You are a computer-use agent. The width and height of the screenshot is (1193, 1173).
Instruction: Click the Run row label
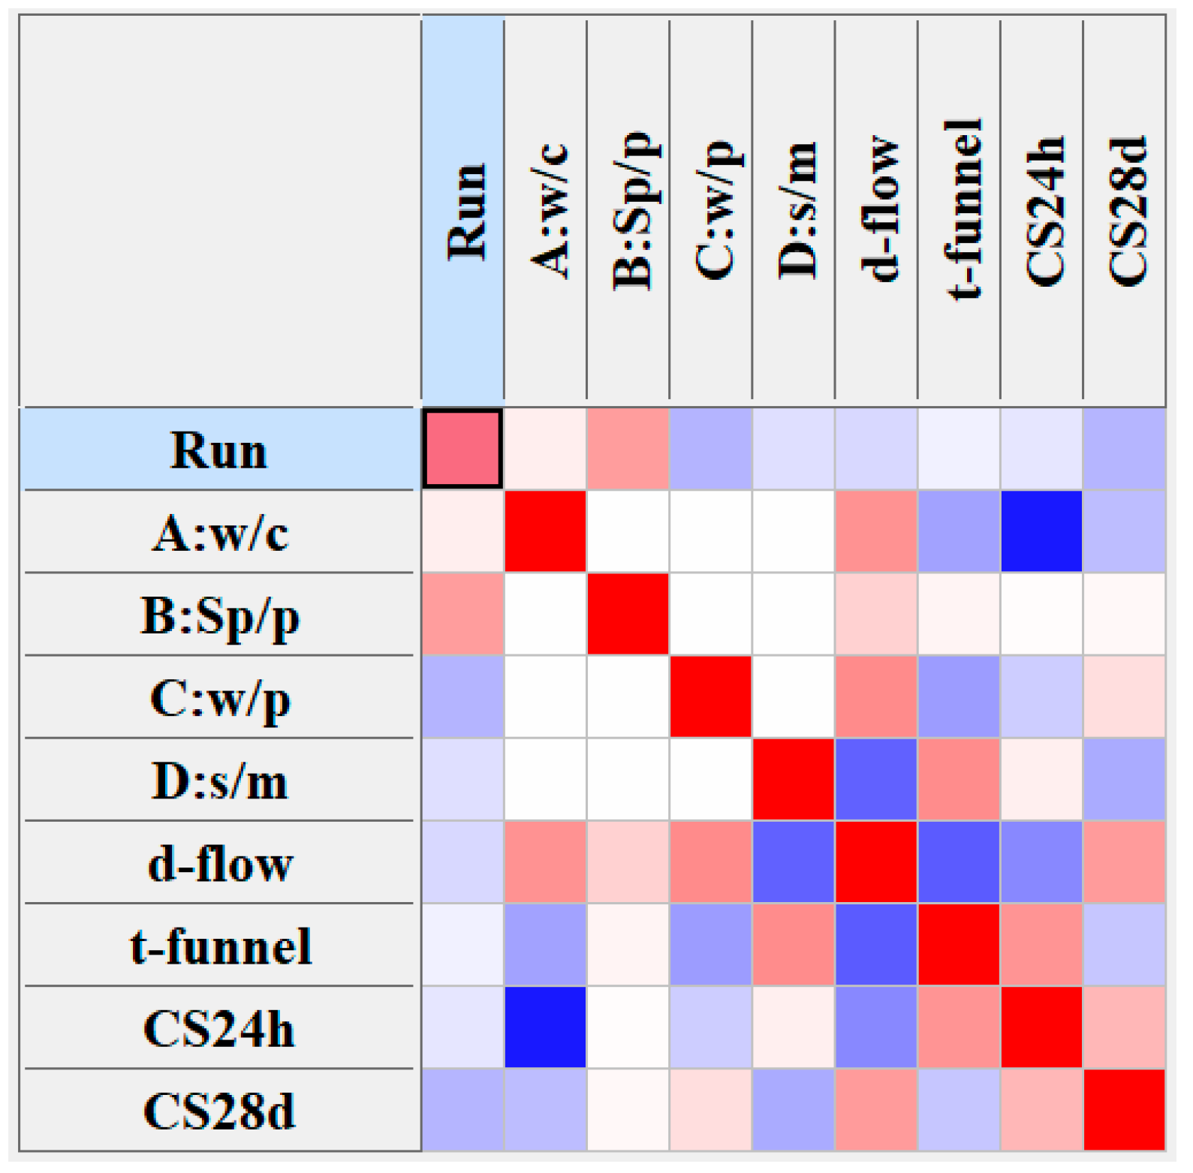tap(219, 450)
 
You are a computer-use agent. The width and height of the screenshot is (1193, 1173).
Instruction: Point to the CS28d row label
tap(219, 1111)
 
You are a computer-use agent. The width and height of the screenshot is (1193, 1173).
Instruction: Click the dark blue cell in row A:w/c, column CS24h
tap(1042, 532)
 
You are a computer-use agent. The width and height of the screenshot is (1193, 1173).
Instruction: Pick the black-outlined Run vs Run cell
tap(462, 449)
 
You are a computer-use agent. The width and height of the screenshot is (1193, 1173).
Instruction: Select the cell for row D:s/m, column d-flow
tap(876, 780)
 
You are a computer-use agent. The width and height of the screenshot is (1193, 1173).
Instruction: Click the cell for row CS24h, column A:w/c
tap(546, 1027)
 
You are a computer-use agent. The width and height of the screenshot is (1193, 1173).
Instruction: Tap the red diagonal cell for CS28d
tap(1124, 1110)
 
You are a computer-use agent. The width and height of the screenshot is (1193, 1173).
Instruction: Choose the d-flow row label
tap(219, 864)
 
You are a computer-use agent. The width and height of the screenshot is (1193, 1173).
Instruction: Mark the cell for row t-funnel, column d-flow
tap(876, 945)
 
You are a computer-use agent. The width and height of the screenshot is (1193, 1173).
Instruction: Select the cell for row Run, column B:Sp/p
tap(628, 449)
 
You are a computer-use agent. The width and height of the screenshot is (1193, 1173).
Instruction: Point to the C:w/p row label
tap(219, 699)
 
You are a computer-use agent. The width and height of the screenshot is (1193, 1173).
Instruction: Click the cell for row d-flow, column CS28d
tap(1124, 862)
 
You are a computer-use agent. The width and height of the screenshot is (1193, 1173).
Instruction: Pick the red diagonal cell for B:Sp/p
tap(628, 615)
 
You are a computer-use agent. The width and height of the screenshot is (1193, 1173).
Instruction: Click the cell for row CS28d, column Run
tap(462, 1110)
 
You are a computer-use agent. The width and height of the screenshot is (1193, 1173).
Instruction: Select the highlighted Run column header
tap(463, 210)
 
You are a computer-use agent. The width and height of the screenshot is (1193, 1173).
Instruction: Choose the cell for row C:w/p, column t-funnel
tap(960, 697)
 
